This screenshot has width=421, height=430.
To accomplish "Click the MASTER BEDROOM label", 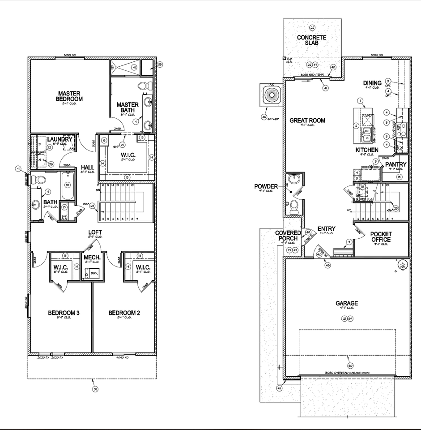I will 70,96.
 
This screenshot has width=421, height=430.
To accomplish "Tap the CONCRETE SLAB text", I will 312,40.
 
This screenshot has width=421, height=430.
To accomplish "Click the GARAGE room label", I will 347,303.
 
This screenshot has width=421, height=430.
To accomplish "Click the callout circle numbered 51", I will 95,389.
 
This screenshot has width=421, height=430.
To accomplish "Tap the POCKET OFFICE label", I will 381,237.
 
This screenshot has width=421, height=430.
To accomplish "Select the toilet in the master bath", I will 144,86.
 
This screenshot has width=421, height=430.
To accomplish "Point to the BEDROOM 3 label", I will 64,313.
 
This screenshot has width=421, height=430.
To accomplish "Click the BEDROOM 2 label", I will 124,313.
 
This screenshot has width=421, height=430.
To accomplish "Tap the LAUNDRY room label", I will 60,139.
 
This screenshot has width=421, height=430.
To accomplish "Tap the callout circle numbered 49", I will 280,388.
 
